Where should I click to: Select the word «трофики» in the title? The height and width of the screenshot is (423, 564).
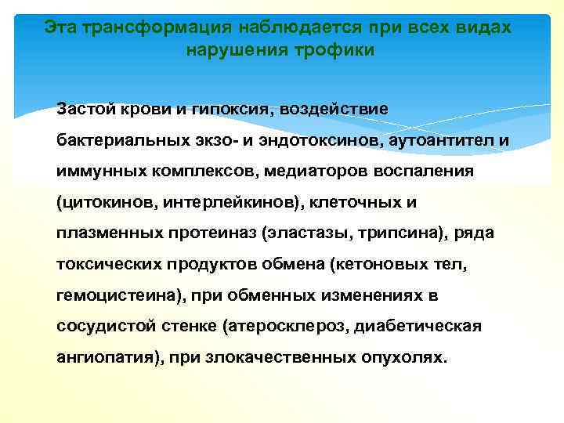[338, 50]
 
